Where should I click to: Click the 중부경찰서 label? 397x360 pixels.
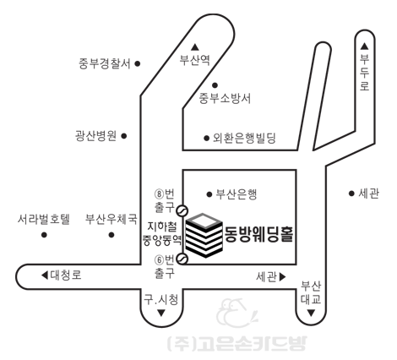[x=105, y=63]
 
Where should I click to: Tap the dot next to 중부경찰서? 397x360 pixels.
[x=138, y=63]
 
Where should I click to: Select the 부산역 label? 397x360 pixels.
[x=195, y=60]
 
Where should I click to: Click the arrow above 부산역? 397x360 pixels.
[x=195, y=47]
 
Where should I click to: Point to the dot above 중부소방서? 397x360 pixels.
[x=215, y=85]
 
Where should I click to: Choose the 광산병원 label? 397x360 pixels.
[x=95, y=136]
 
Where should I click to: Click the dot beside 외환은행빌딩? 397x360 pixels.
[x=207, y=138]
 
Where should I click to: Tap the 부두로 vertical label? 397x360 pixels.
[x=365, y=73]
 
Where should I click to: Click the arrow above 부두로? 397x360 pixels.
[x=365, y=46]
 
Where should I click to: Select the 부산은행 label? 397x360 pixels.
[x=237, y=194]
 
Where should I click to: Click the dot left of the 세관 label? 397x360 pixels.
[x=351, y=194]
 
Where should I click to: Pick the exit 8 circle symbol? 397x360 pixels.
[x=182, y=210]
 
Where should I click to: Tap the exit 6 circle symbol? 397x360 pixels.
[x=182, y=259]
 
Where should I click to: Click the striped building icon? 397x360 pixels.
[x=204, y=235]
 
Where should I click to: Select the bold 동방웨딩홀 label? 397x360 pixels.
[x=259, y=234]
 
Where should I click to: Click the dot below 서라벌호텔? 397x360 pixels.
[x=44, y=235]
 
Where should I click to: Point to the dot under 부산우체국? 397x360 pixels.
[x=111, y=235]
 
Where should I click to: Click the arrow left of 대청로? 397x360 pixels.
[x=45, y=275]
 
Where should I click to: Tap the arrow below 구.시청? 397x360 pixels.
[x=161, y=313]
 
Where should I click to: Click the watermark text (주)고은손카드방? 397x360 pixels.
[x=237, y=343]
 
